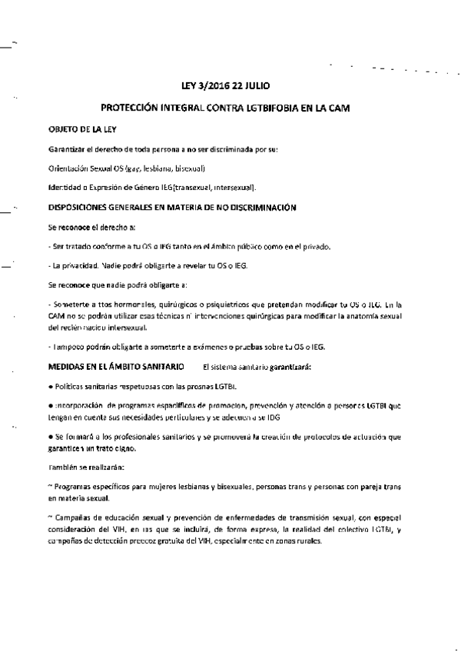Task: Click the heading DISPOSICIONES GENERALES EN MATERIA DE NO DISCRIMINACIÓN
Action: coord(173,208)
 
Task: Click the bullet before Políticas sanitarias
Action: coord(50,387)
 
